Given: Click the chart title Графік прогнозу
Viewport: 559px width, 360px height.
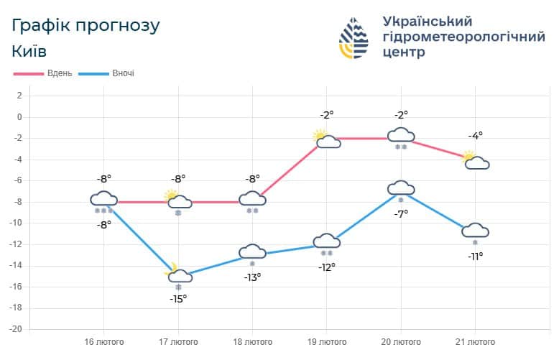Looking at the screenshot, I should (86, 25).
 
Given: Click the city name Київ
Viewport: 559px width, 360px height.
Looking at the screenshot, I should (29, 52).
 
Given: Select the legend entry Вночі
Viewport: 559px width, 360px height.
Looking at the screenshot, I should (122, 73).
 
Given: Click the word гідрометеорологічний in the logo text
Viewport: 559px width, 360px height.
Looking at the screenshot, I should (464, 37).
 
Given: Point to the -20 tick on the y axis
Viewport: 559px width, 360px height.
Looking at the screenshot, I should (17, 329).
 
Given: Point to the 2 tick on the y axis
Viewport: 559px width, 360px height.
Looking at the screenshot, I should (19, 96).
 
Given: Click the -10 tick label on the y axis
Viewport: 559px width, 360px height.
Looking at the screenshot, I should (17, 223).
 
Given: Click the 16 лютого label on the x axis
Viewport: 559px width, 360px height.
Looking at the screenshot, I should (104, 341).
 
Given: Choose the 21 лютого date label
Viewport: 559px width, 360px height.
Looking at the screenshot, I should (475, 341).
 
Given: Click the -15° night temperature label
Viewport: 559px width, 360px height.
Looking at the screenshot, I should (178, 298).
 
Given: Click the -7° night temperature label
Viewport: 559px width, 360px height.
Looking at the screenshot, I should (401, 213).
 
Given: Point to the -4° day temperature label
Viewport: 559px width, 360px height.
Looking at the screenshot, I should (475, 135).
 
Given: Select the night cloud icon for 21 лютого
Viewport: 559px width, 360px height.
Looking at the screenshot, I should (475, 231).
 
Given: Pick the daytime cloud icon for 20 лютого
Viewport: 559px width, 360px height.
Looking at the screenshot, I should (401, 135).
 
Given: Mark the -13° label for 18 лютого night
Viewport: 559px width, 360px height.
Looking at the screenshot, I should (252, 277).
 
